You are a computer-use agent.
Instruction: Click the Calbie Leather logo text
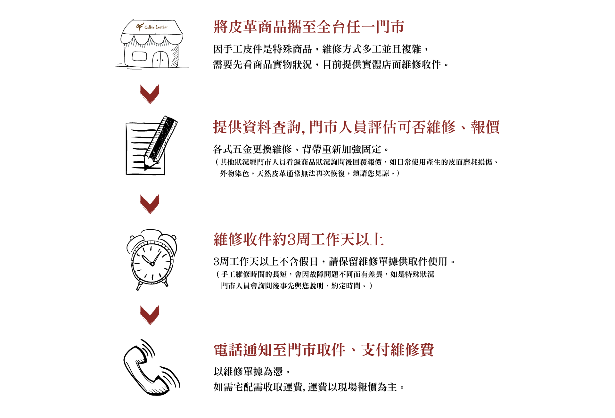point(156,27)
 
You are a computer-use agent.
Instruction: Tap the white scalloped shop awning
point(152,39)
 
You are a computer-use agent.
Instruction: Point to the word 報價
point(485,127)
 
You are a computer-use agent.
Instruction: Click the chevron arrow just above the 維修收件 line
point(150,204)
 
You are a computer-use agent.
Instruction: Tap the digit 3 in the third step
point(291,240)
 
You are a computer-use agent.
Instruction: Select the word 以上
point(369,240)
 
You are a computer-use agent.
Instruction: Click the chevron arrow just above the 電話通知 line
point(150,315)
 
